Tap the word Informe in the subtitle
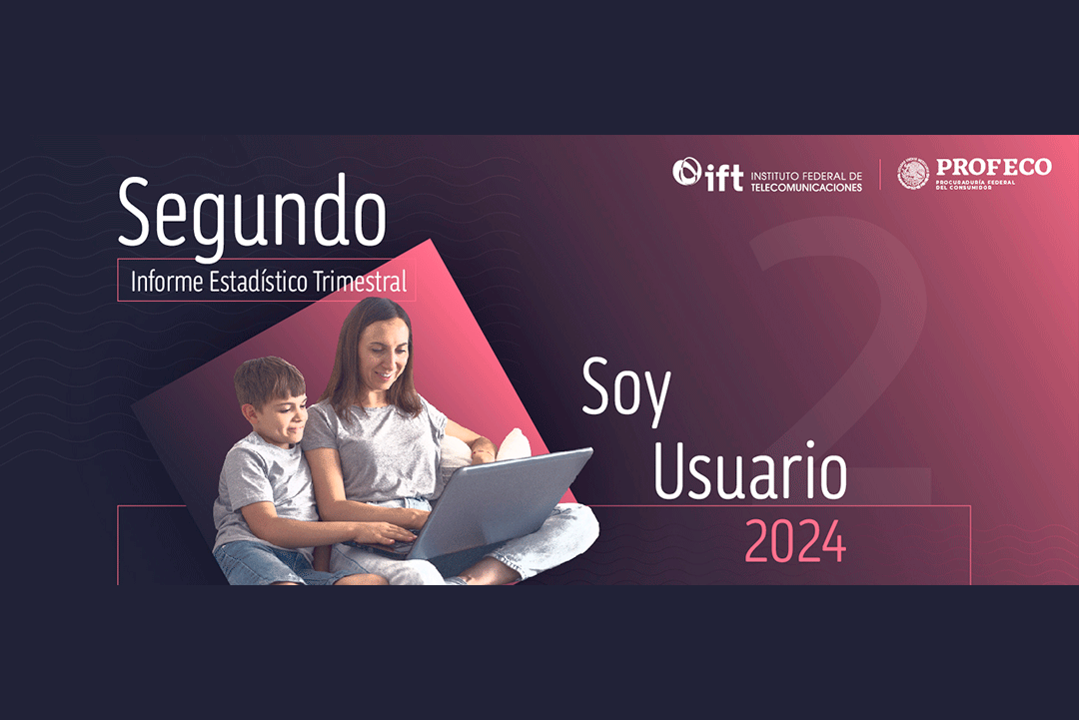click(x=167, y=282)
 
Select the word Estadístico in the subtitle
click(x=258, y=282)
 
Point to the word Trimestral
click(x=360, y=282)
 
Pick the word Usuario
click(x=750, y=470)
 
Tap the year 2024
click(x=795, y=541)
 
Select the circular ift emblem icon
click(x=686, y=172)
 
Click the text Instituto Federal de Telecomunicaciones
click(x=806, y=182)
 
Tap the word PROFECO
click(x=994, y=167)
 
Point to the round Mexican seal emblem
click(x=913, y=174)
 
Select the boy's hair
click(x=269, y=380)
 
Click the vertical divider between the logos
click(x=880, y=175)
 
